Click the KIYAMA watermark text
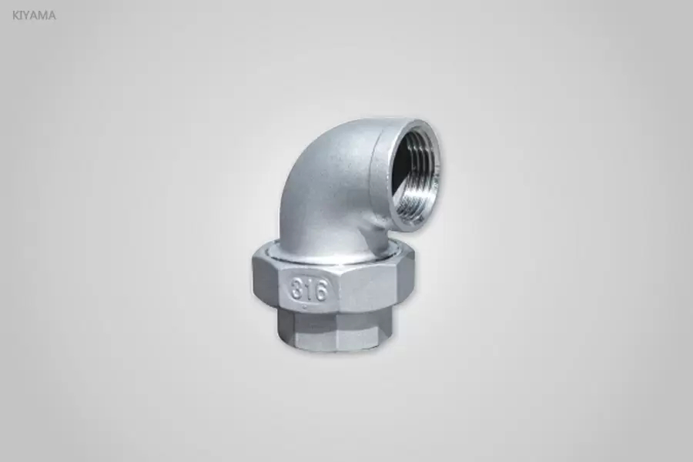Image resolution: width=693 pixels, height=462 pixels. [34, 15]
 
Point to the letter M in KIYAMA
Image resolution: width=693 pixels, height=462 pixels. [43, 15]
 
